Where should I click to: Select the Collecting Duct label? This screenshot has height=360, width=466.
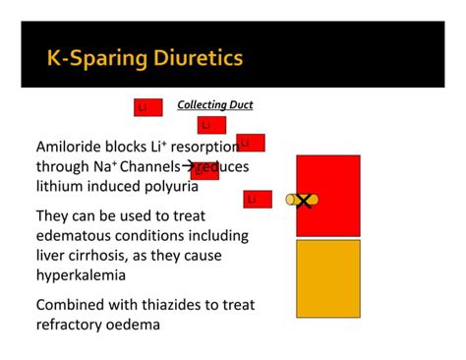tap(214, 105)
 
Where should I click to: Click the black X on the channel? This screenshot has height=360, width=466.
tap(305, 201)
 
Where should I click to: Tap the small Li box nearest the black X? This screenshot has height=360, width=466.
tap(257, 200)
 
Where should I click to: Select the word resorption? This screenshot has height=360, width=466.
tap(208, 147)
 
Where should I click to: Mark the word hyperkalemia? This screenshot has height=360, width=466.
tap(81, 275)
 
